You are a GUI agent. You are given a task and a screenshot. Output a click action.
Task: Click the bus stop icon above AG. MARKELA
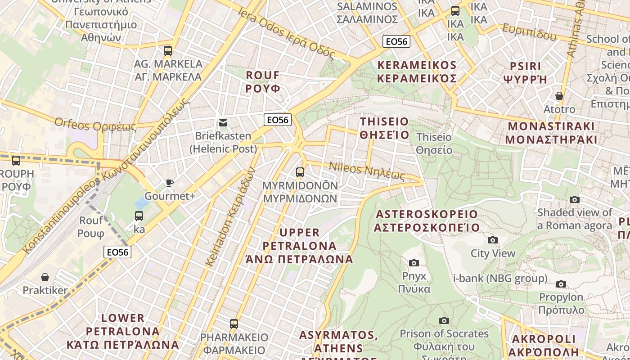point(168,50)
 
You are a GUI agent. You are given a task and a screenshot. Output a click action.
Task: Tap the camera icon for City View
point(493,240)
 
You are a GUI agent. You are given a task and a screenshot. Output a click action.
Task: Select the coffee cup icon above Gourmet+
point(169,183)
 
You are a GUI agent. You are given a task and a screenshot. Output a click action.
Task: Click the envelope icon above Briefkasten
point(223,123)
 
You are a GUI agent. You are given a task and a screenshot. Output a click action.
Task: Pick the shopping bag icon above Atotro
point(559,96)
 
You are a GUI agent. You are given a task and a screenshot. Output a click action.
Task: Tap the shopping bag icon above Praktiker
point(45,277)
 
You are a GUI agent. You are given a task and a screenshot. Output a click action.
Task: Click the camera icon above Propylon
point(561,284)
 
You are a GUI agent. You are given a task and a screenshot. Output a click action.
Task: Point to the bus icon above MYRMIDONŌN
point(300,172)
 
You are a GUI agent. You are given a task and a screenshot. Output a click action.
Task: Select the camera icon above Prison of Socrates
point(444,320)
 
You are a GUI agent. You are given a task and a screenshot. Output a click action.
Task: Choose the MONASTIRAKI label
point(551,133)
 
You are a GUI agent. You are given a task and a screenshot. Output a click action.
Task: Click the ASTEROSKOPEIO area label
point(427,220)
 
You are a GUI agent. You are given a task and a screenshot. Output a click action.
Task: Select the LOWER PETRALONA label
point(123,331)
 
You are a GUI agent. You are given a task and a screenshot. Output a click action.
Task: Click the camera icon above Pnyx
point(414,263)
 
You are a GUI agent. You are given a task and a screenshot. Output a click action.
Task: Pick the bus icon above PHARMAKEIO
point(234,324)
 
